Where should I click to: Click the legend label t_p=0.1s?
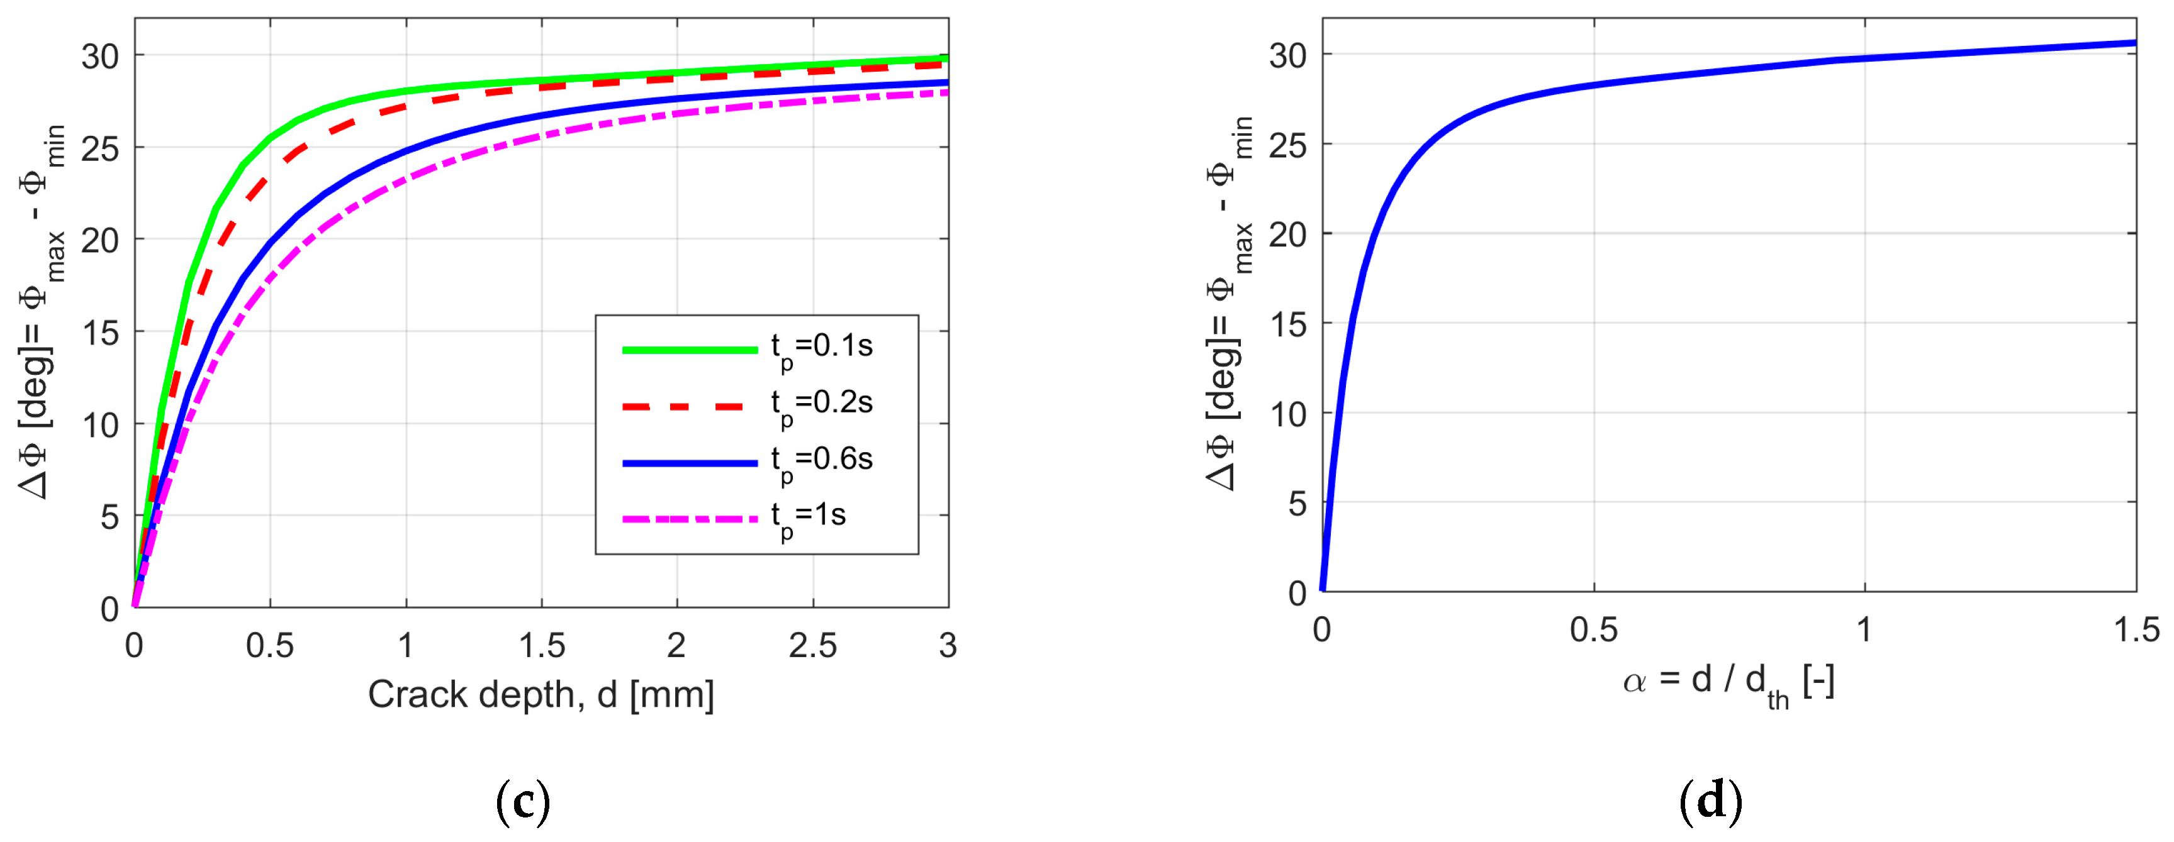821,348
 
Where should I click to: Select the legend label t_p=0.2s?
821,404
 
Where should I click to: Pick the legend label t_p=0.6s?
821,461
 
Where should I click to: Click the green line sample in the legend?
690,349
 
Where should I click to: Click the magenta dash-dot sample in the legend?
690,519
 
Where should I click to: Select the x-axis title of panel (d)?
1729,682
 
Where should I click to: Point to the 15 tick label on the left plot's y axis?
101,333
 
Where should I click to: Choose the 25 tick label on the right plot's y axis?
1288,145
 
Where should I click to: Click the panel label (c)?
524,802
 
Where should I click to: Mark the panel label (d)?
1711,802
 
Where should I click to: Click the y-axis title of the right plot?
1230,304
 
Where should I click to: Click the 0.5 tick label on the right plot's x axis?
1593,630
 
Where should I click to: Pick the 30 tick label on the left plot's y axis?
101,57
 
